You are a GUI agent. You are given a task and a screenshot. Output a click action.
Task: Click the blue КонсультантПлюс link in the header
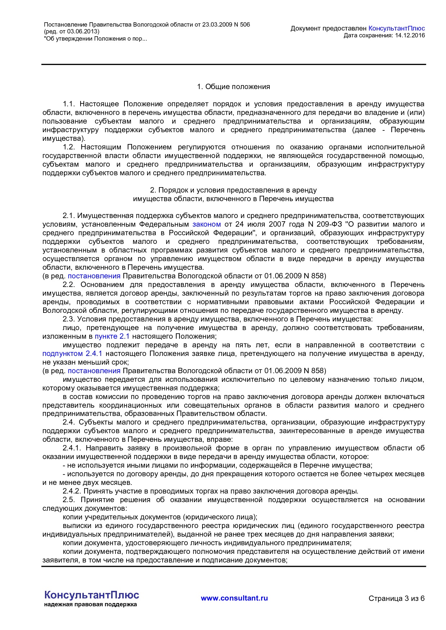click(x=396, y=28)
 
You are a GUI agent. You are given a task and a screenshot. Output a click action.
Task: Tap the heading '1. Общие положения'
click(x=233, y=87)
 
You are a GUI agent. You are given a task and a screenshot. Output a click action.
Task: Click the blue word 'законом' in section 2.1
click(x=206, y=224)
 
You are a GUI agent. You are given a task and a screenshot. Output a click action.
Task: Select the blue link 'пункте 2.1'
click(x=112, y=337)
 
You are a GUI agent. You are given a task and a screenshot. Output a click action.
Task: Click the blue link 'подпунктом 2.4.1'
click(x=72, y=354)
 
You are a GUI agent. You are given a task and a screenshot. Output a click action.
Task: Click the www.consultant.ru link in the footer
click(x=234, y=598)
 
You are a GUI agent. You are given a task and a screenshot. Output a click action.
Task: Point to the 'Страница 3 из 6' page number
click(x=396, y=598)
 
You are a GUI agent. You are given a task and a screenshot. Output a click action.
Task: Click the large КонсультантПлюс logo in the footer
click(x=91, y=595)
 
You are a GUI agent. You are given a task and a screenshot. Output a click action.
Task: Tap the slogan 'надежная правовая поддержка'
click(x=90, y=604)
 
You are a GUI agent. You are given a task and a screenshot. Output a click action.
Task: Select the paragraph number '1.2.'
click(x=69, y=147)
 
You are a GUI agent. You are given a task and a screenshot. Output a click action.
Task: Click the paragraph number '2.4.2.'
click(x=72, y=491)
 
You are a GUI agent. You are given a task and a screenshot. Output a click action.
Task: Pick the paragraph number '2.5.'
click(x=69, y=500)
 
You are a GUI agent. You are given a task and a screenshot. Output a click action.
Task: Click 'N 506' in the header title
click(x=242, y=25)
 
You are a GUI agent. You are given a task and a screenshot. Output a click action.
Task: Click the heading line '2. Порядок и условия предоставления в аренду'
click(x=233, y=190)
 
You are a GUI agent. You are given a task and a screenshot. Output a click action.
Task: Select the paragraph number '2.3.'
click(x=69, y=319)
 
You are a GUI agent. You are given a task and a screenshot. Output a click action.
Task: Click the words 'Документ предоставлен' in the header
click(x=328, y=28)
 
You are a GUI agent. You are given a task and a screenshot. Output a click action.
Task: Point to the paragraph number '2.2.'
click(x=69, y=285)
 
